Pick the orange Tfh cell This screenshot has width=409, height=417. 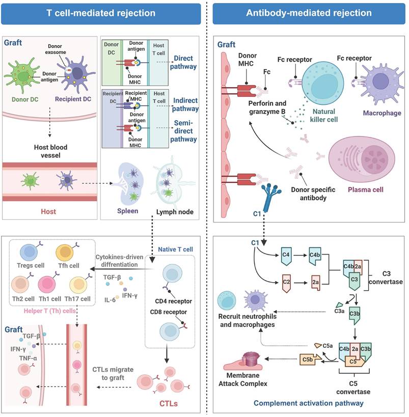click(x=67, y=254)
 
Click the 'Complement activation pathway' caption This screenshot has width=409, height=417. click(x=308, y=403)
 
